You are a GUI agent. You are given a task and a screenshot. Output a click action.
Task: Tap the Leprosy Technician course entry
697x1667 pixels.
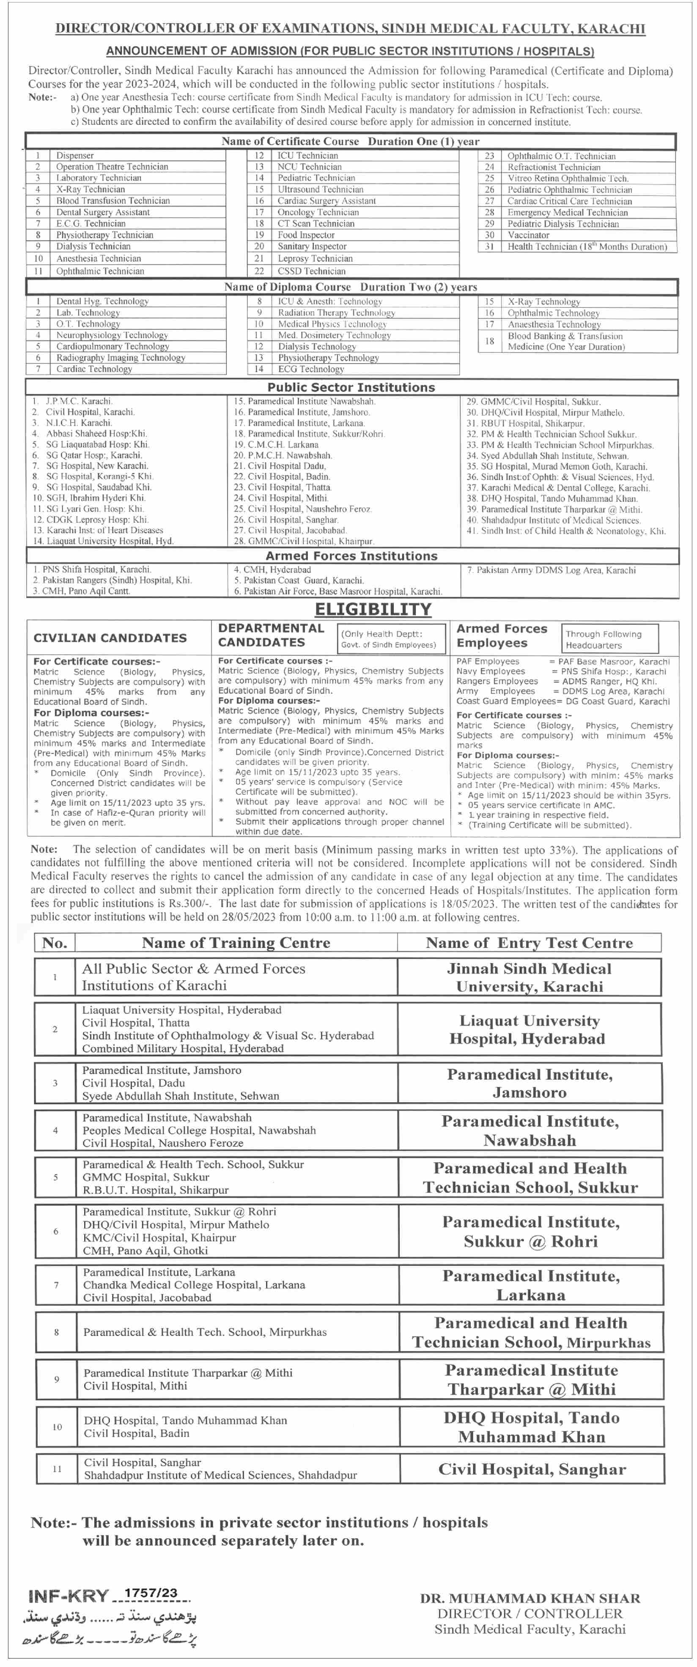click(315, 258)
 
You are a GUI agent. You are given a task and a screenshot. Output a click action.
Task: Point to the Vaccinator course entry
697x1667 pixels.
click(528, 235)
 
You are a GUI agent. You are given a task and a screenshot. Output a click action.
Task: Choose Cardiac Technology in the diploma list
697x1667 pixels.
click(94, 369)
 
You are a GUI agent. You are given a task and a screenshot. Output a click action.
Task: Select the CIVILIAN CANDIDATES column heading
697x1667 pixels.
click(110, 638)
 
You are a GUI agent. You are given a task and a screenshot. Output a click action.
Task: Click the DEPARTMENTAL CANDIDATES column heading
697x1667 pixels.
click(271, 635)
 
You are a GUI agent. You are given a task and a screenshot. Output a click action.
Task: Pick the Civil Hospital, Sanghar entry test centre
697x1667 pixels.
click(532, 1469)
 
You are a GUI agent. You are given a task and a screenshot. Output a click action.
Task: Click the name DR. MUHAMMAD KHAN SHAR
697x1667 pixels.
click(530, 1599)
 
